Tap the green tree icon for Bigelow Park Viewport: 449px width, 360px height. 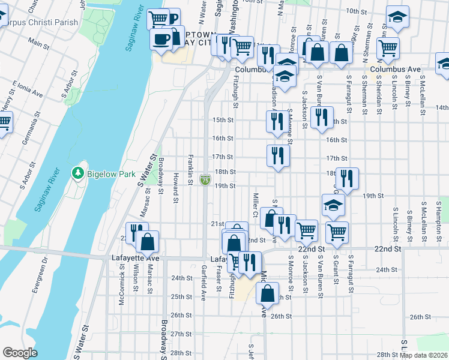(77, 173)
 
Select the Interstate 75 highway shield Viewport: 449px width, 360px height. (205, 179)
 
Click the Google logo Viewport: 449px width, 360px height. (20, 353)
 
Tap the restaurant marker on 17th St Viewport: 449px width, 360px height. (278, 156)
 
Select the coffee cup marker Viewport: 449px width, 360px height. (161, 39)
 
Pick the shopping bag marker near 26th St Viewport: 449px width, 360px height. (267, 293)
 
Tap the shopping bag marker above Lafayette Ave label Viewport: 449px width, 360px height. (147, 242)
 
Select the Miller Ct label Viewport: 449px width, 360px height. (256, 205)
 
